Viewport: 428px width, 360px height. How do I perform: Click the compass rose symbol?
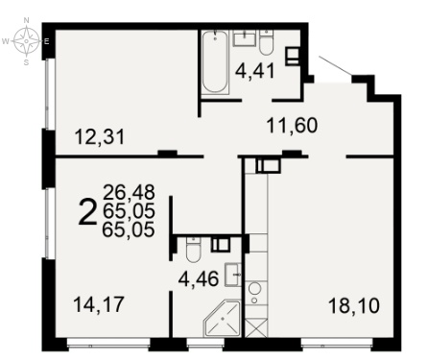click(x=27, y=41)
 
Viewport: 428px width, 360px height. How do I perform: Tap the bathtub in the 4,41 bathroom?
click(x=215, y=61)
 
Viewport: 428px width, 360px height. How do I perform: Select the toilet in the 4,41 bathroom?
click(x=266, y=42)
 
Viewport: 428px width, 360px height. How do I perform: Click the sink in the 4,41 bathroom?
click(x=245, y=38)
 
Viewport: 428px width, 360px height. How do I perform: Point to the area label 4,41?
click(x=255, y=71)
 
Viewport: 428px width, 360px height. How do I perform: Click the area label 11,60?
click(x=292, y=126)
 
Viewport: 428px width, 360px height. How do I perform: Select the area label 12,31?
click(x=99, y=137)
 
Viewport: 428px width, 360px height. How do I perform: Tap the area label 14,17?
click(x=98, y=304)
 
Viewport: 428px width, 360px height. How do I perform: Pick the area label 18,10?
click(x=354, y=305)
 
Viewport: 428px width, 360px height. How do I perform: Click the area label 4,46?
click(x=199, y=279)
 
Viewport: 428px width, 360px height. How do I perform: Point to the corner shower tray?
click(x=222, y=319)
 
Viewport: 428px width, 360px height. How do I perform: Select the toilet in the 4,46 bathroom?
click(x=193, y=250)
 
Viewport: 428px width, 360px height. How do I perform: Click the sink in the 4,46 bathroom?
click(x=233, y=275)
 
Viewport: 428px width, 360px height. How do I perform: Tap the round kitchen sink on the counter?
click(x=255, y=288)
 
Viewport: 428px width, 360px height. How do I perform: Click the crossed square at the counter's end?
click(x=256, y=327)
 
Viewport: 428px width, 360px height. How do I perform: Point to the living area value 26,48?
click(x=129, y=192)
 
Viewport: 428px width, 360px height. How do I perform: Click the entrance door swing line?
click(x=336, y=66)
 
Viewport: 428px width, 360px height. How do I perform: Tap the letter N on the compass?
click(x=27, y=20)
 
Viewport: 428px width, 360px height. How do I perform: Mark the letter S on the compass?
click(x=27, y=62)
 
